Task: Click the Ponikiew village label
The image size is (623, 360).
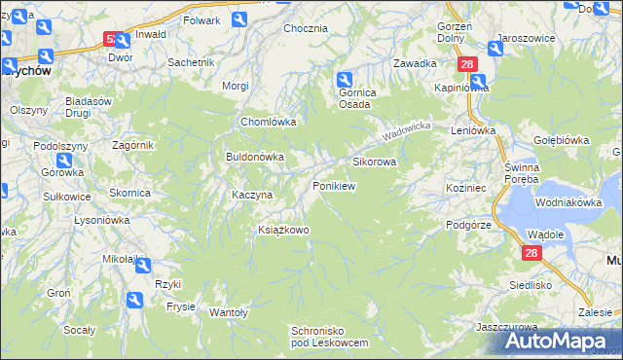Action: (334, 185)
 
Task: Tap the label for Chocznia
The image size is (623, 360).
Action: (305, 28)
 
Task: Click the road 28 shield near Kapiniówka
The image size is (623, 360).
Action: (468, 63)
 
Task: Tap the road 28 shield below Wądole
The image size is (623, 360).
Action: (531, 253)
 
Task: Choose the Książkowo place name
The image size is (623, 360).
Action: (283, 231)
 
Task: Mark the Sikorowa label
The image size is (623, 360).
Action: (374, 162)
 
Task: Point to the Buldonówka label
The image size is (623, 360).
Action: (255, 156)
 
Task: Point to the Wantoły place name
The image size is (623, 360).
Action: (230, 312)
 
